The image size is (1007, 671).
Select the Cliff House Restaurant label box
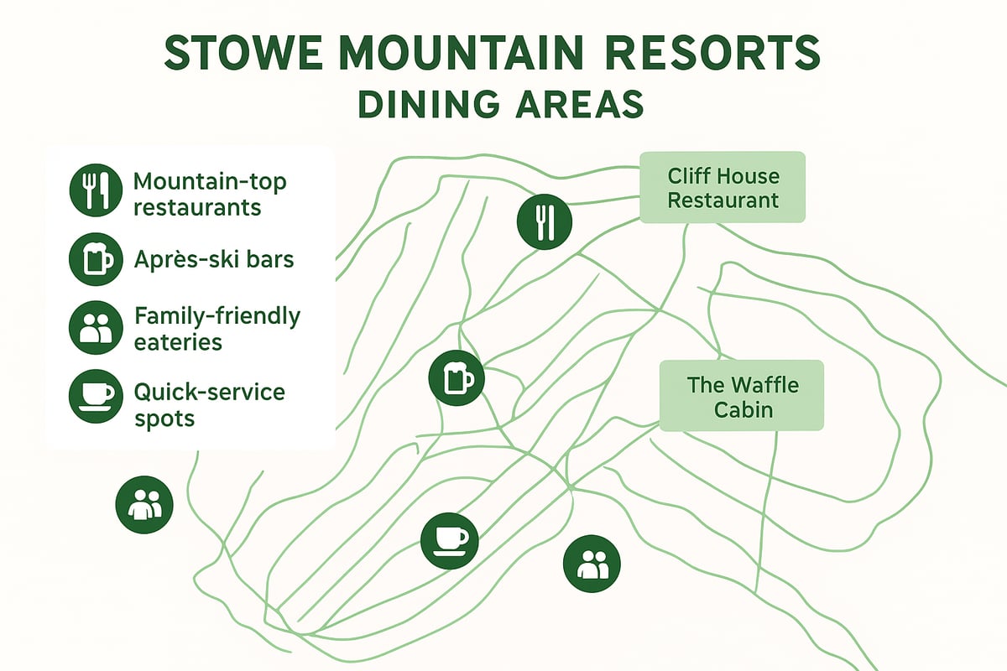click(723, 187)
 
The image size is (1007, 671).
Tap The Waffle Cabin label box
click(742, 397)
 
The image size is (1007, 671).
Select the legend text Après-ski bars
click(214, 259)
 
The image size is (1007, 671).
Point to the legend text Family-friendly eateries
click(217, 329)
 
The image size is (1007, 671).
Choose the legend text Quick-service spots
click(210, 404)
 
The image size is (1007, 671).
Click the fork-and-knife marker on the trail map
click(545, 221)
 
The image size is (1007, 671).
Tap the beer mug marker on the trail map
click(457, 378)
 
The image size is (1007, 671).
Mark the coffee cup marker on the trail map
click(449, 537)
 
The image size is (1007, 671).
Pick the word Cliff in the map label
click(691, 176)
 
